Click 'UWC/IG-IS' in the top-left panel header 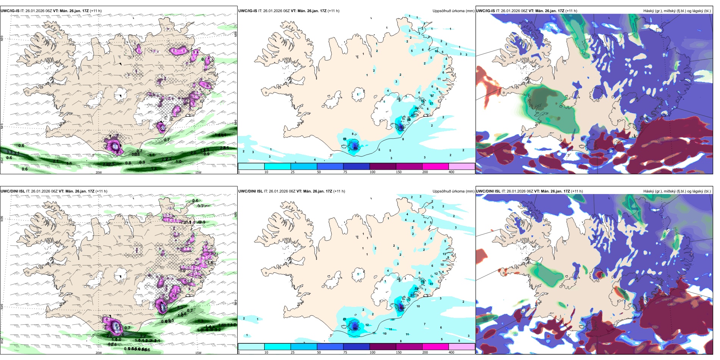(x=10, y=11)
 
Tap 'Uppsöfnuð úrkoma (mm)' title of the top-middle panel (x=453, y=11)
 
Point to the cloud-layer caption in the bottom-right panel (x=677, y=191)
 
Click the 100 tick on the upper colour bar (x=373, y=172)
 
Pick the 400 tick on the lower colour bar (x=451, y=352)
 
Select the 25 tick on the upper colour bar (x=293, y=172)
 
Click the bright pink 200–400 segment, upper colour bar (x=435, y=166)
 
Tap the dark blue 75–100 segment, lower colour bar (x=356, y=346)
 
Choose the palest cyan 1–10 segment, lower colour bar (x=251, y=346)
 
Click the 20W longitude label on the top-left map (x=99, y=172)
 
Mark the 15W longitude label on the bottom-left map (x=198, y=353)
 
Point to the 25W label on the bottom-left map (x=2, y=341)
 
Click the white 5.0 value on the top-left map (x=114, y=146)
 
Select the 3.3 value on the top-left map (x=9, y=152)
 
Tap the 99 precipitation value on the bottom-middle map (x=355, y=329)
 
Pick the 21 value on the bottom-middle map (x=344, y=319)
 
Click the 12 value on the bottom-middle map (x=367, y=325)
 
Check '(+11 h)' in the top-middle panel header (x=333, y=11)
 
